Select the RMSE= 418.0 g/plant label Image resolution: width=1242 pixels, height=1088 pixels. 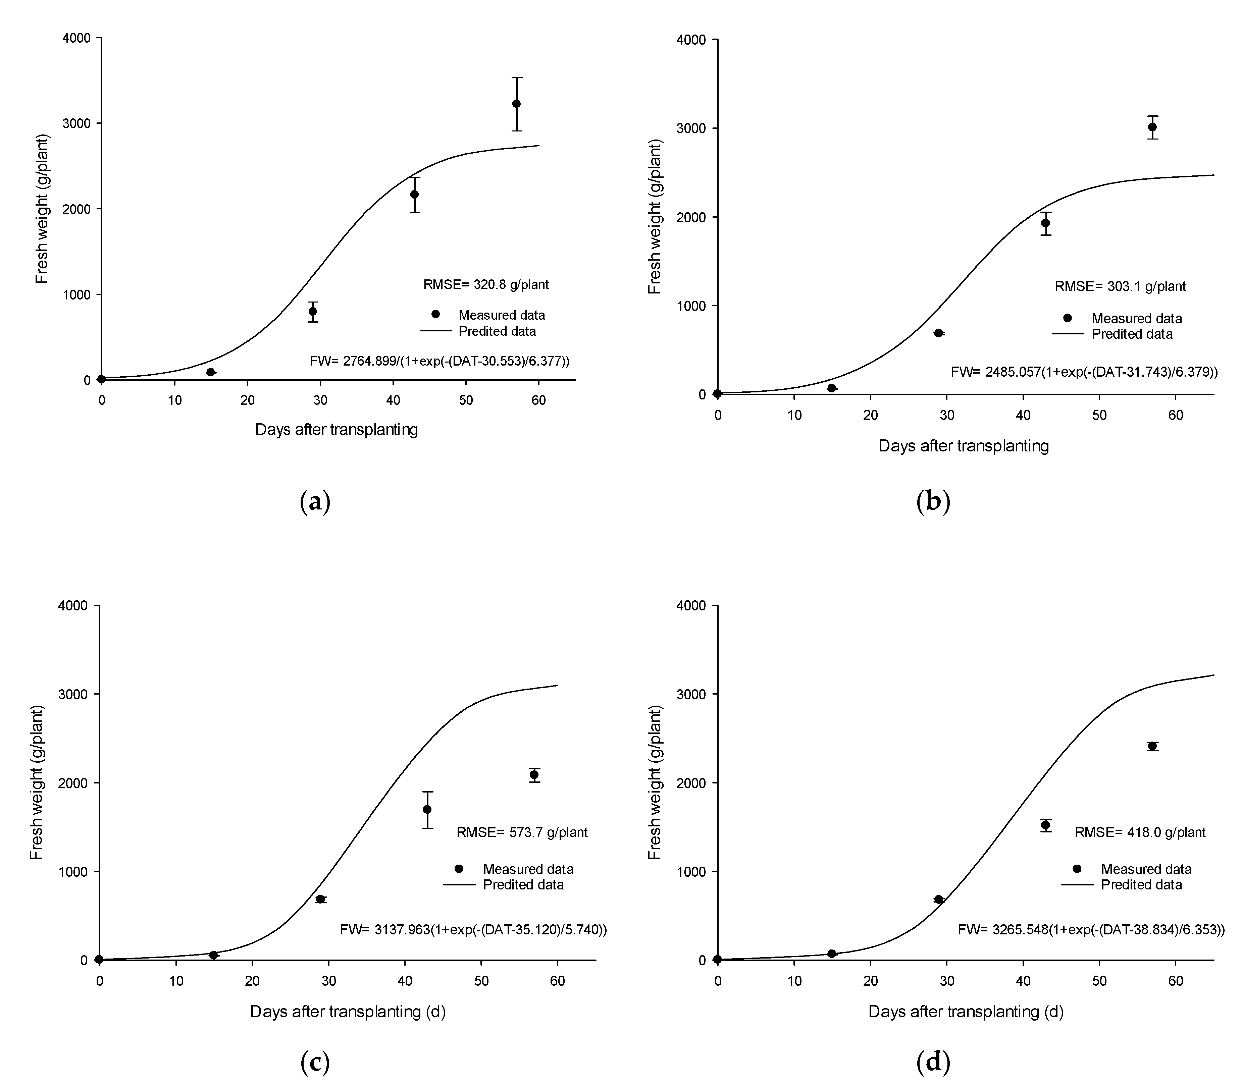pyautogui.click(x=1140, y=832)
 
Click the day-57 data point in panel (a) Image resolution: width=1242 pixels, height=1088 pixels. pyautogui.click(x=516, y=104)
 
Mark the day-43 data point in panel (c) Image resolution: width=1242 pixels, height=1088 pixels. pyautogui.click(x=427, y=809)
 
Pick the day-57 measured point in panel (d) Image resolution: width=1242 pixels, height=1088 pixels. pyautogui.click(x=1152, y=746)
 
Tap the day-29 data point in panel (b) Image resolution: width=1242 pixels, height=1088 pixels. pyautogui.click(x=938, y=333)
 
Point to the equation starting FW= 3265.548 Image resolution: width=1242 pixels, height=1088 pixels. pyautogui.click(x=1091, y=930)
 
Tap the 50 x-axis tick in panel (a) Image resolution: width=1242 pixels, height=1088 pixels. pyautogui.click(x=466, y=401)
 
